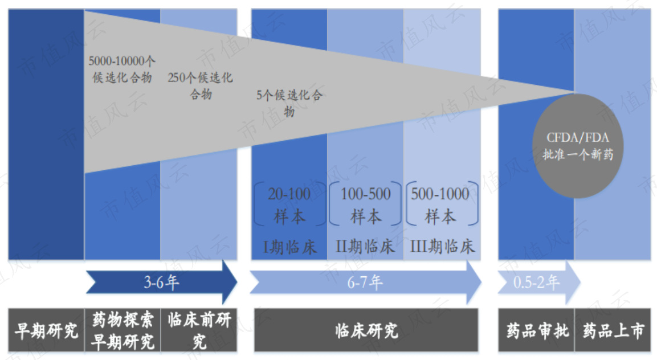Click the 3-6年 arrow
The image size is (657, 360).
tap(161, 283)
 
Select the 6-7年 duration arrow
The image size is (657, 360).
tap(365, 283)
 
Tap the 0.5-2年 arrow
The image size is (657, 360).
tap(539, 283)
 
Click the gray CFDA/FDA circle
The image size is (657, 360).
tap(578, 146)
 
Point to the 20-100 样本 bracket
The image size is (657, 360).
tap(289, 204)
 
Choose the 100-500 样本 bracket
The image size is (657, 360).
tap(365, 204)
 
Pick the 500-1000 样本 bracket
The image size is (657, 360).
tap(442, 204)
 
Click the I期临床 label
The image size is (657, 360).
tap(289, 247)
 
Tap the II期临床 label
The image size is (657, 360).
tap(365, 247)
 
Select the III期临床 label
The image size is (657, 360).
tap(442, 247)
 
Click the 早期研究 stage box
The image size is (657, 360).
tap(47, 330)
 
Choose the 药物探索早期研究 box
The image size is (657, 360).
tap(123, 330)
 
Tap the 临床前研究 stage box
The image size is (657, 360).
tap(199, 330)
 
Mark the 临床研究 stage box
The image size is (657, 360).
tap(366, 330)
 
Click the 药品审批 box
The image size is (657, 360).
tap(537, 330)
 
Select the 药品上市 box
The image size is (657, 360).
tap(613, 330)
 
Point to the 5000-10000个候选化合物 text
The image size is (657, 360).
tap(122, 69)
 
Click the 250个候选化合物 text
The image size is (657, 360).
tap(200, 86)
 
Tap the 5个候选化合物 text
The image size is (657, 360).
tap(289, 103)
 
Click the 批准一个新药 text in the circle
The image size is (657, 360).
tap(578, 154)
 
